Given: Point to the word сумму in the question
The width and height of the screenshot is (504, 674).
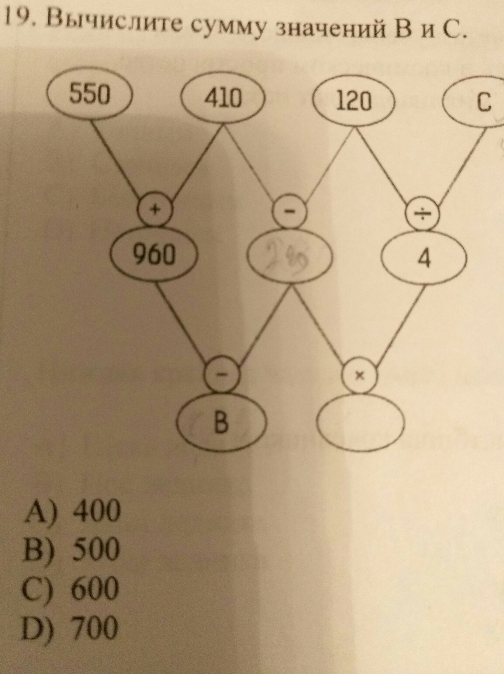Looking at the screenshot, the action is click(229, 29).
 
